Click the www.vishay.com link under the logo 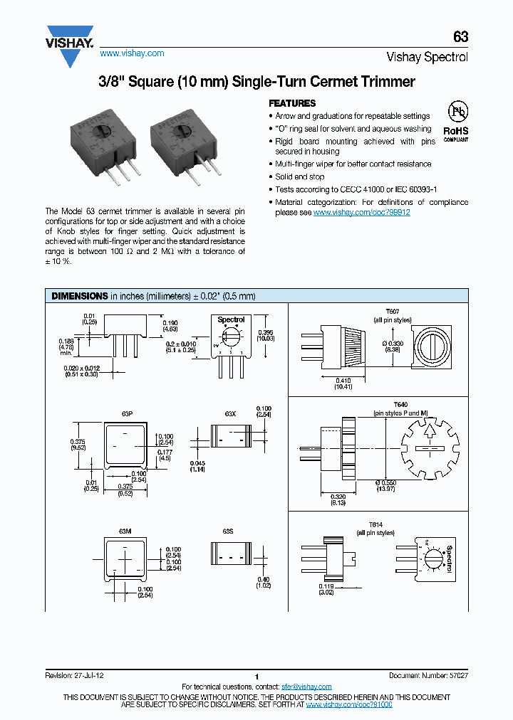(x=132, y=53)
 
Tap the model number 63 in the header (x=460, y=38)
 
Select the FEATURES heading (x=292, y=103)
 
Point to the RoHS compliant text (x=455, y=133)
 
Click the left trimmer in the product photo (x=108, y=147)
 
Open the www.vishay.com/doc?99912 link (x=361, y=212)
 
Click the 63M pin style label (x=125, y=530)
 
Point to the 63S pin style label (x=228, y=530)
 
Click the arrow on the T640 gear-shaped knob (x=429, y=431)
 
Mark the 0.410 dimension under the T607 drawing (x=342, y=379)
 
